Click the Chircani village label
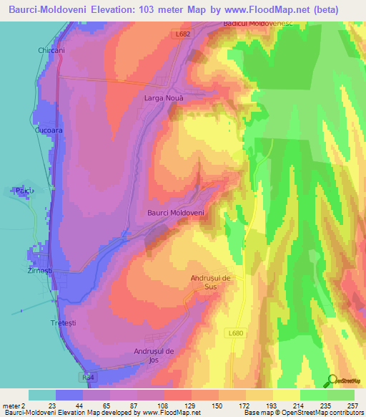[x=51, y=51]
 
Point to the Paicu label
[x=24, y=191]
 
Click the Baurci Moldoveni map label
[x=176, y=213]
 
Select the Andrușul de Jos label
[x=154, y=355]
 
